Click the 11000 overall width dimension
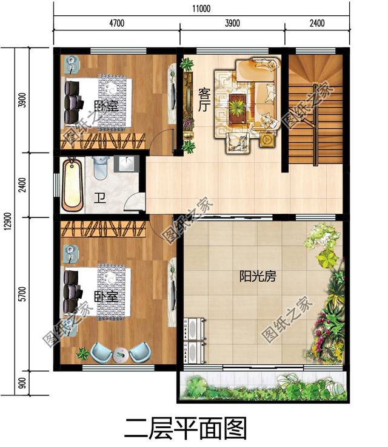coord(202,9)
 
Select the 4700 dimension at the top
coord(116,24)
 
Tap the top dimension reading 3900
coord(232,24)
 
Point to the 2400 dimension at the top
coord(316,24)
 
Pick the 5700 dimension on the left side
coord(22,294)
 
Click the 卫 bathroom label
coord(99,198)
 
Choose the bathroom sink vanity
coord(128,165)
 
